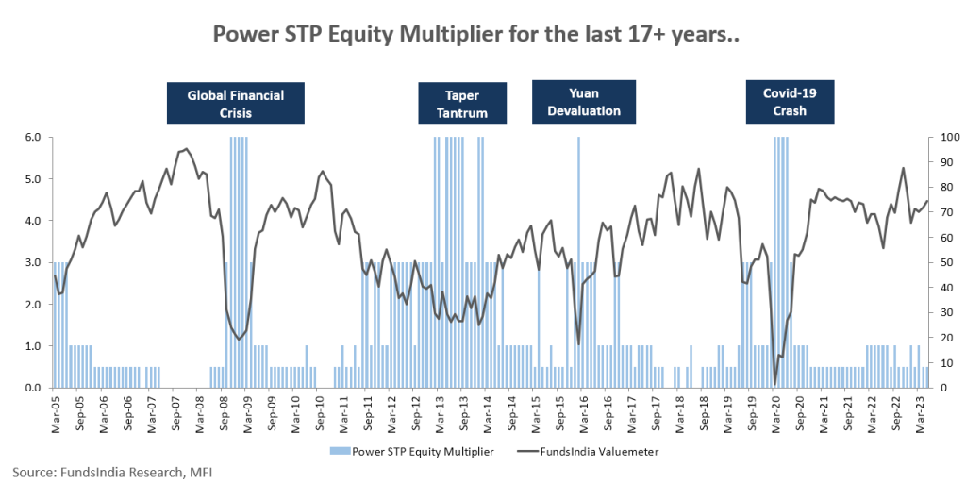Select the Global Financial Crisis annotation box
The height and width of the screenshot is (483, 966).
click(x=235, y=103)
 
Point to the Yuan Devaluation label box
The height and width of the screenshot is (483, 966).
click(x=583, y=103)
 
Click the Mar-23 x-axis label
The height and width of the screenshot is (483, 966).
click(x=920, y=411)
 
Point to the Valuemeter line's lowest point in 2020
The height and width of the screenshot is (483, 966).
click(x=775, y=384)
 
